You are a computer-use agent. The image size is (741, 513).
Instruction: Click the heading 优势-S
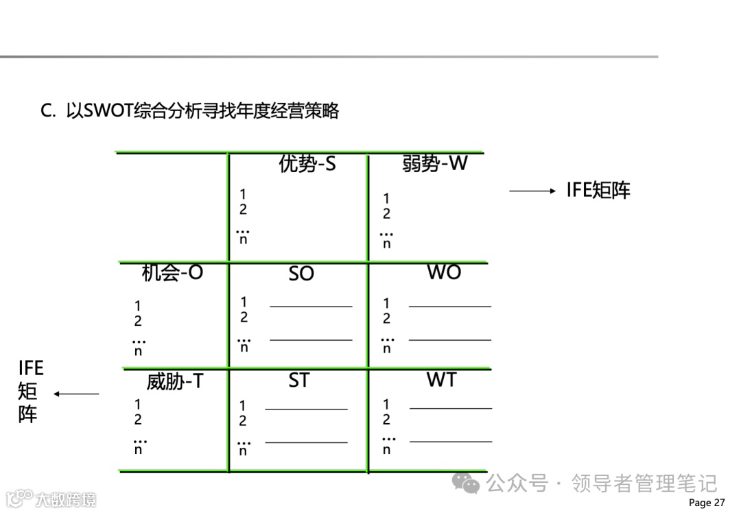point(307,164)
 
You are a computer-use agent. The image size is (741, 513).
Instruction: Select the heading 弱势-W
point(434,164)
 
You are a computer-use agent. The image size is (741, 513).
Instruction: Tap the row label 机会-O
point(172,273)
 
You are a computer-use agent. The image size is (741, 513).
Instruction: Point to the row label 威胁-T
point(175,381)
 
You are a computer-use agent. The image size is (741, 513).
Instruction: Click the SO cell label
point(301,274)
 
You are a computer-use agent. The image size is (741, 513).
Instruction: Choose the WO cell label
point(444,272)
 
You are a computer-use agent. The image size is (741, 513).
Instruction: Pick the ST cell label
point(298,381)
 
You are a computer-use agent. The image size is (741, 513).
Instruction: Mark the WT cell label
point(441,380)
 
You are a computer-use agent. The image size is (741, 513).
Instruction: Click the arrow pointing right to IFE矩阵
point(532,191)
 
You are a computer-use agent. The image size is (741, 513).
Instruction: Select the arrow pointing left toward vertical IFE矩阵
point(76,394)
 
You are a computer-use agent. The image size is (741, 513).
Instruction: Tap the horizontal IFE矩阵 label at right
point(598,191)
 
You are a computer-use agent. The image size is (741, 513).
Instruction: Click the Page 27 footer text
point(706,503)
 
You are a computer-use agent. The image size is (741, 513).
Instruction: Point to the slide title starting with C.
point(190,111)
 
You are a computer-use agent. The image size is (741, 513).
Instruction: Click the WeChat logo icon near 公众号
point(471,484)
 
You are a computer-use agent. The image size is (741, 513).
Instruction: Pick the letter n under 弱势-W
point(387,243)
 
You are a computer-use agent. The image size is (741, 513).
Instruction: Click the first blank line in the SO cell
point(311,307)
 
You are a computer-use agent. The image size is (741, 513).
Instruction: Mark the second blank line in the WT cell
point(451,442)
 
